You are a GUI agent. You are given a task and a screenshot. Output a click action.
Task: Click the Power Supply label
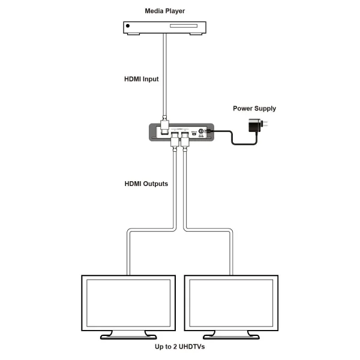click(254, 109)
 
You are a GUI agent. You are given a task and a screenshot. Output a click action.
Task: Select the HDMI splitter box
click(181, 132)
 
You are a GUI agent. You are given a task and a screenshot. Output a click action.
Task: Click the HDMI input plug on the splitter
click(163, 127)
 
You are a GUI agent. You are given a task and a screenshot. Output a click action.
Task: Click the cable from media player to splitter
click(163, 72)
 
